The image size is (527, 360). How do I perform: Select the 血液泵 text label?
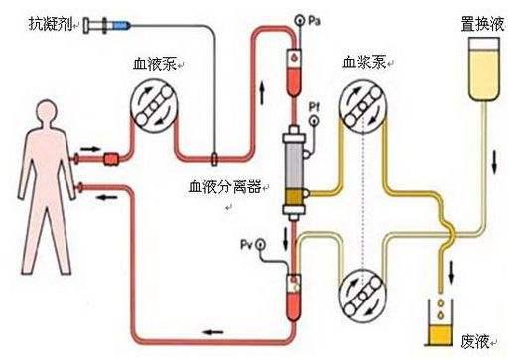click(x=157, y=65)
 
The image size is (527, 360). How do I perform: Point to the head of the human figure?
click(x=38, y=106)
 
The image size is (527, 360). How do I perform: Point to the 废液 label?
click(x=479, y=341)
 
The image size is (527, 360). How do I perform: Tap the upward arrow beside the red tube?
click(x=262, y=92)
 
